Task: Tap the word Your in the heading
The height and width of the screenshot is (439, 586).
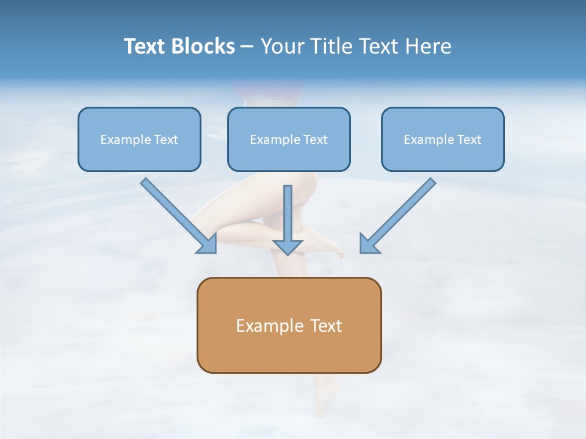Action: click(282, 46)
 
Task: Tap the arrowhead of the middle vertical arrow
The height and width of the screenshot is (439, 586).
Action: click(288, 246)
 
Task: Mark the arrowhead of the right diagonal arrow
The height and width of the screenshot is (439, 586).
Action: click(368, 244)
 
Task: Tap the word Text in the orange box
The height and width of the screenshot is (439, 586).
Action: click(327, 326)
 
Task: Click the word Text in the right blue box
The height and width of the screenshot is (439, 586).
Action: click(469, 140)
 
